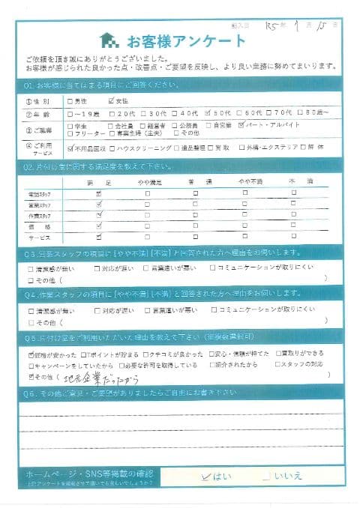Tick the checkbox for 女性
(111, 101)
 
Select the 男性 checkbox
(70, 101)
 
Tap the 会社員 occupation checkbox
(111, 126)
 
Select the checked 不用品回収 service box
(70, 148)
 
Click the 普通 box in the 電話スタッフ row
(195, 193)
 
